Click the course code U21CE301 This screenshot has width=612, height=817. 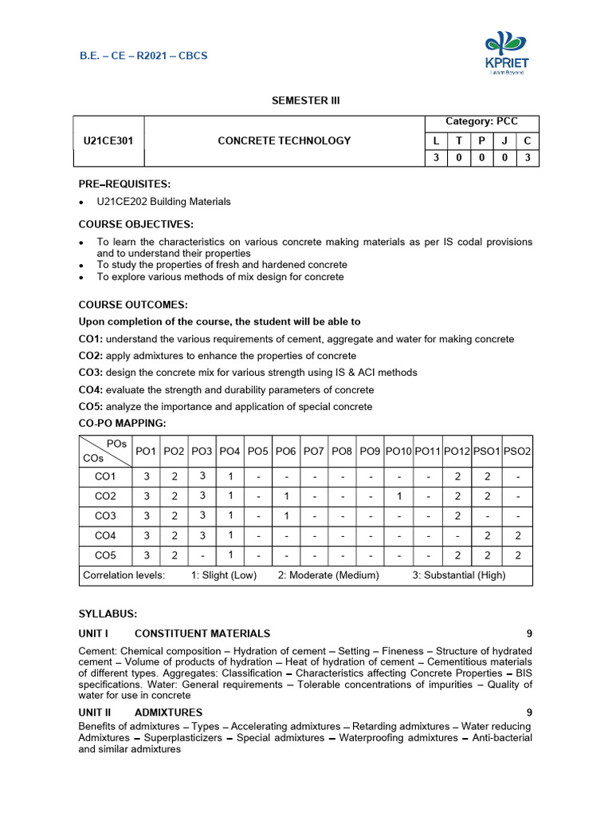(108, 141)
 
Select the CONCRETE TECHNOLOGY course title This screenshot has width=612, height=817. (284, 141)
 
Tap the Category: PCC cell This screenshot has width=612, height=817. (481, 121)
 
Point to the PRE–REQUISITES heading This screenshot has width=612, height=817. (124, 184)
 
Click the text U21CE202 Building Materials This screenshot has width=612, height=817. (163, 202)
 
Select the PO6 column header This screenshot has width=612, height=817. (285, 452)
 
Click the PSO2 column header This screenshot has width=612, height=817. (518, 452)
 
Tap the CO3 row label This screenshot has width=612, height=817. (105, 515)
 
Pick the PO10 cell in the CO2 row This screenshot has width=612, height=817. (398, 496)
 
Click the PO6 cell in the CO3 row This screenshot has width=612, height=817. (285, 515)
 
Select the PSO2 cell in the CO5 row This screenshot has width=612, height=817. (518, 555)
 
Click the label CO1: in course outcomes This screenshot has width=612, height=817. (90, 339)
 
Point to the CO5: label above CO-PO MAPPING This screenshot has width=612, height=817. (90, 407)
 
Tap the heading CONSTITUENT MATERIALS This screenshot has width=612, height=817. (202, 633)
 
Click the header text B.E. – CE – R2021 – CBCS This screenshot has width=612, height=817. (143, 56)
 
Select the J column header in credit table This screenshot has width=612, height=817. (504, 141)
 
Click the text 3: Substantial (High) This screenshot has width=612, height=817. (458, 575)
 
